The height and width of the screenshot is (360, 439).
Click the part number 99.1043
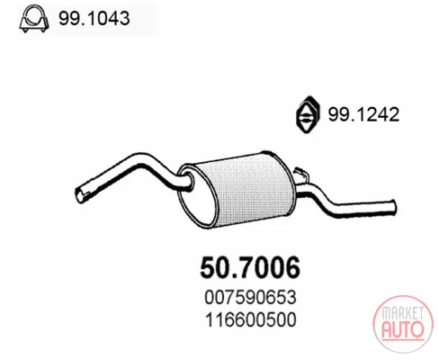(x=94, y=18)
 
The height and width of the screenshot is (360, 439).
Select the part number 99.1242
(x=363, y=114)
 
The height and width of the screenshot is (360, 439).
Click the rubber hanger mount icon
(x=308, y=114)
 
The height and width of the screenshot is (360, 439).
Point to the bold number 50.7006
(x=250, y=267)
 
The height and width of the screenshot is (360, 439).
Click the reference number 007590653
(x=250, y=297)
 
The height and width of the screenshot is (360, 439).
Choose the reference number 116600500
(x=251, y=319)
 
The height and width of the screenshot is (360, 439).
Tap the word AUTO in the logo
(x=403, y=329)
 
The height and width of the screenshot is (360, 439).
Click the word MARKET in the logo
(x=403, y=313)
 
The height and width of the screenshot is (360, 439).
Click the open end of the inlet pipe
(x=79, y=195)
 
